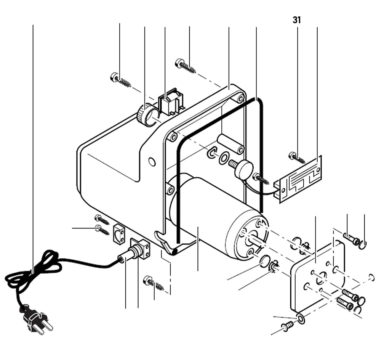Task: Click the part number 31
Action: (297, 20)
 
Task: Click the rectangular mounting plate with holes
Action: (318, 276)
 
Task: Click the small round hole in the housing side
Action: (152, 162)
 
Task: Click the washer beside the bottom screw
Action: (301, 318)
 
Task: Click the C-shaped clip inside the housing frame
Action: (211, 153)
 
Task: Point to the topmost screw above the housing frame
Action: (185, 65)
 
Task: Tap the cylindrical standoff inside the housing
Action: (230, 143)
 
